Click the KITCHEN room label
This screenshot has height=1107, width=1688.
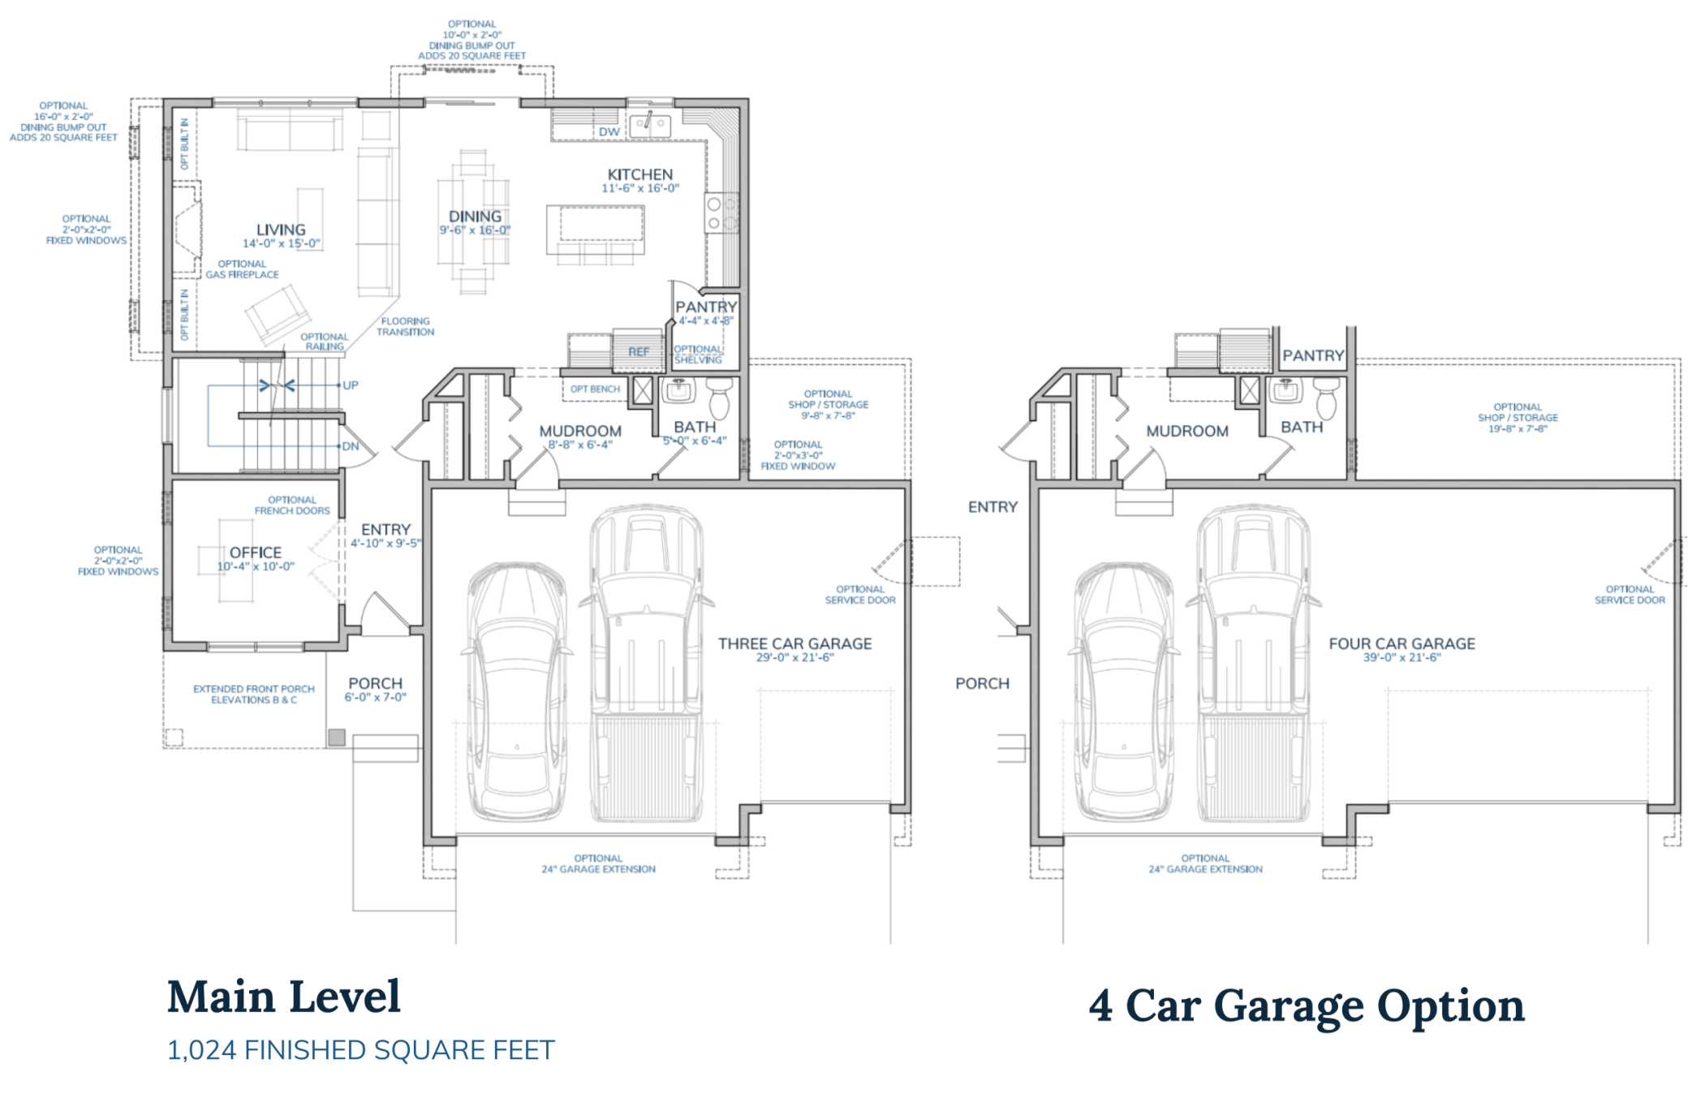(639, 174)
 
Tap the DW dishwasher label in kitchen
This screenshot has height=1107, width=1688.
(609, 131)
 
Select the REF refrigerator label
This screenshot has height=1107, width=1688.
(639, 352)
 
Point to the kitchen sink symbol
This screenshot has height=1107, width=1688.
(650, 124)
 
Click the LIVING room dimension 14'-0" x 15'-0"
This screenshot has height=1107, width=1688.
(281, 243)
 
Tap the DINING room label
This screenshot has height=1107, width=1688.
(475, 217)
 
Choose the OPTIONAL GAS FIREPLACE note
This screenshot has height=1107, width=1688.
(242, 269)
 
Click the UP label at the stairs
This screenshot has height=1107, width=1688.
(350, 386)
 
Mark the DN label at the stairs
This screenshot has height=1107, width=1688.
(350, 446)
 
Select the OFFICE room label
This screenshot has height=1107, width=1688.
(256, 552)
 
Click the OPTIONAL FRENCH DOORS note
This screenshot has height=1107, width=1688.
(292, 506)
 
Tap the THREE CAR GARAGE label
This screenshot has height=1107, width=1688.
(794, 644)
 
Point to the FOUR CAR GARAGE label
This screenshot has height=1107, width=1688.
(1402, 644)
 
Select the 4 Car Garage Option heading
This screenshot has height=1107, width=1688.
(1307, 1006)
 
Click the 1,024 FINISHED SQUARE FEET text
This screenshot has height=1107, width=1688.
(361, 1050)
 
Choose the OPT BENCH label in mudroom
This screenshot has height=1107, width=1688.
(594, 390)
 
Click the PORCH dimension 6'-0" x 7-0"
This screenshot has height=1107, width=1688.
(375, 697)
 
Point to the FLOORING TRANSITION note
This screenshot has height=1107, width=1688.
(405, 326)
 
